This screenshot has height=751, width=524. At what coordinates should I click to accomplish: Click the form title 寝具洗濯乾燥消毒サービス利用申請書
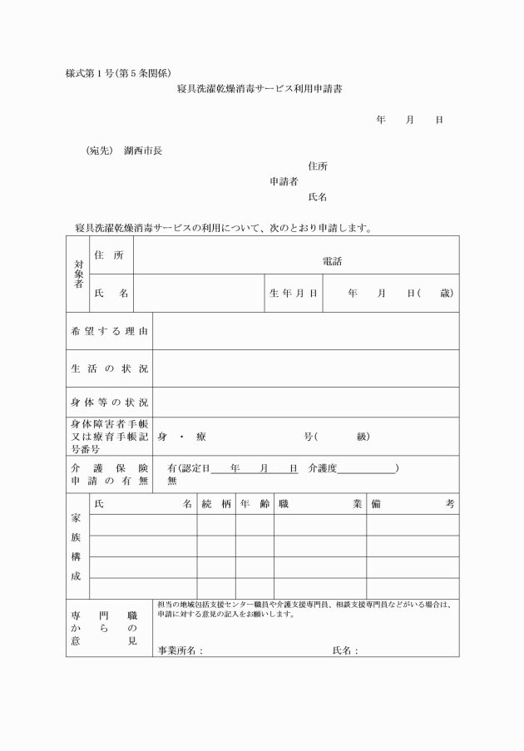point(259,88)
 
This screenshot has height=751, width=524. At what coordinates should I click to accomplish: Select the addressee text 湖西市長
point(143,151)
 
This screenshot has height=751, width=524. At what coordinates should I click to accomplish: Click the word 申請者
point(284,182)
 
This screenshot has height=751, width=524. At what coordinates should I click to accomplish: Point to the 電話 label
point(332,261)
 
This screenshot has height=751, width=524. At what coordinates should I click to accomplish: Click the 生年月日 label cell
point(293,294)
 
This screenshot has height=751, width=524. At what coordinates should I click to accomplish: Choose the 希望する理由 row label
point(109,332)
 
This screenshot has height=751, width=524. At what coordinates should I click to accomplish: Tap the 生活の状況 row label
point(109,368)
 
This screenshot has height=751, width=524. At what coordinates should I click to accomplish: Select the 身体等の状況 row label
point(109,403)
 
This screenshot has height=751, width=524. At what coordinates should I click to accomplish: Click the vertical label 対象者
point(79,274)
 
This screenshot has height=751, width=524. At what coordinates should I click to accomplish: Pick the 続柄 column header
point(215,504)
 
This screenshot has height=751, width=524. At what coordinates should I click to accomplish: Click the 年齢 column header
point(255,504)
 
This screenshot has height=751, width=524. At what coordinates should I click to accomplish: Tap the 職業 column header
point(320,504)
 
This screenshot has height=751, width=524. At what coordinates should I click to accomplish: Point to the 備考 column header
point(413,504)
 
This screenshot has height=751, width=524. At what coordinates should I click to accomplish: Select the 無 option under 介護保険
point(172,480)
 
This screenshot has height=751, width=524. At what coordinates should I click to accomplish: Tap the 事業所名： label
point(180,650)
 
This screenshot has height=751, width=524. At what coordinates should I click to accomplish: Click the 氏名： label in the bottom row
point(345,650)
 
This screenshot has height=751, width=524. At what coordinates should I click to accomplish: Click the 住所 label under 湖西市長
point(317,166)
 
